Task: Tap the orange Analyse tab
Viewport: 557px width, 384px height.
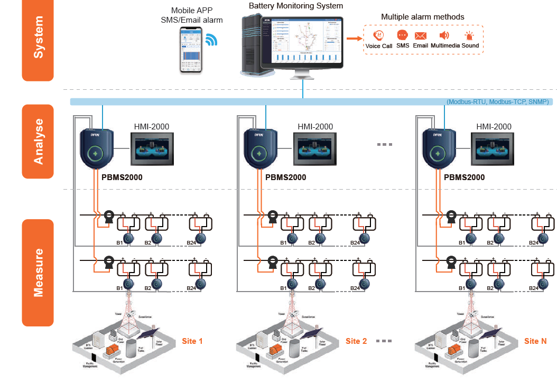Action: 38,142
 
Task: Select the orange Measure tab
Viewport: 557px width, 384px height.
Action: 38,273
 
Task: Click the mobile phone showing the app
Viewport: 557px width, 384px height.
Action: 191,50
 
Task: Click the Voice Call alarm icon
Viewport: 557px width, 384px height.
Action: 378,36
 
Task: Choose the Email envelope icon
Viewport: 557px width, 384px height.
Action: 421,36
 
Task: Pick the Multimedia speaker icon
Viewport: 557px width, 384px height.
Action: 444,36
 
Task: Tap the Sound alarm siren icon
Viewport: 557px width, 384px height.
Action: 469,36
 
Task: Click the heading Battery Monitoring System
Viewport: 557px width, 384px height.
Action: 296,6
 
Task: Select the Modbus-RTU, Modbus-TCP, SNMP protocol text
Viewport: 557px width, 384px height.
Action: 498,101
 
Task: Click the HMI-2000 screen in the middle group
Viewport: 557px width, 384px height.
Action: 315,149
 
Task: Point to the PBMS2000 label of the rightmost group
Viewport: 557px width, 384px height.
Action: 464,177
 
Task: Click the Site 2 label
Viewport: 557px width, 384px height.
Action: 356,341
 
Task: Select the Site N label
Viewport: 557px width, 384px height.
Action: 535,341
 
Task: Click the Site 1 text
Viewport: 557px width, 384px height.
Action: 192,341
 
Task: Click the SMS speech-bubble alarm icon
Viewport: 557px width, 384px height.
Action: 402,36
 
